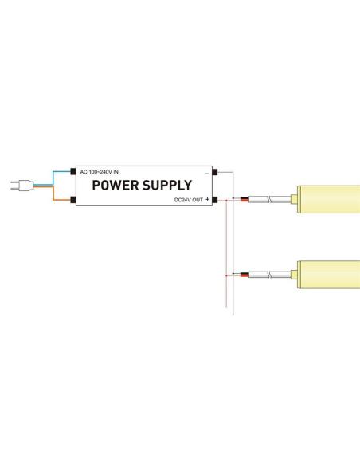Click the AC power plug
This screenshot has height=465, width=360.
click(22, 186)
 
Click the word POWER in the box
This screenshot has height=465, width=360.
click(115, 186)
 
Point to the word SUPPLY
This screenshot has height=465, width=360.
click(167, 186)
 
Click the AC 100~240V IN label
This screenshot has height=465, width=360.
click(100, 172)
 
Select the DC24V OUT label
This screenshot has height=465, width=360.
click(189, 200)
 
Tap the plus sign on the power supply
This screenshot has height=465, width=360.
click(207, 199)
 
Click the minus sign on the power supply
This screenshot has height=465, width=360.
click(207, 174)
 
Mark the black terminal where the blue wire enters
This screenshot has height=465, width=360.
click(73, 171)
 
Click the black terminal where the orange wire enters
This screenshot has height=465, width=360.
click(73, 200)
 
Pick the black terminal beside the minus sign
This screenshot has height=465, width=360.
click(215, 172)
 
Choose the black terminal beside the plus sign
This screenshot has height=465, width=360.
click(215, 200)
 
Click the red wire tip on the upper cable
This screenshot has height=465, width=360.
click(245, 200)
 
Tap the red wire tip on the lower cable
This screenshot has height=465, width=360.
click(245, 275)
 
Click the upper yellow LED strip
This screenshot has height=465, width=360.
click(329, 199)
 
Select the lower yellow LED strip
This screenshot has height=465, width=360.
click(329, 275)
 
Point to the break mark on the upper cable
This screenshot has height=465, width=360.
click(270, 199)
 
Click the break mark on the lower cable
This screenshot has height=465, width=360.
click(270, 275)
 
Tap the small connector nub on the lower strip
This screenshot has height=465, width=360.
click(294, 275)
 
